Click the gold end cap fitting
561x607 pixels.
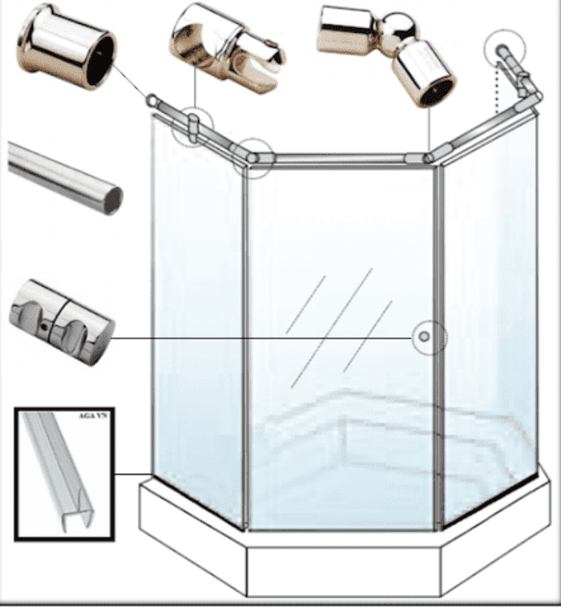coord(67,47)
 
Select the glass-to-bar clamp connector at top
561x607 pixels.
coord(228,48)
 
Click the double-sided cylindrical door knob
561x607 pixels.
coord(62,322)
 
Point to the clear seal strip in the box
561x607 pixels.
coord(59,471)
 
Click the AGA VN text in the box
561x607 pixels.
coord(92,416)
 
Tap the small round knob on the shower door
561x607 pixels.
coord(424,337)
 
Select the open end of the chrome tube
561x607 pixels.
coord(113,200)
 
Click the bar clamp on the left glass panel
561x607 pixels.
coord(193,127)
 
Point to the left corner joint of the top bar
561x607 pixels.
coord(252,157)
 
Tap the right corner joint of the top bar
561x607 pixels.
coord(428,157)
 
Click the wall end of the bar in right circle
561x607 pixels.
coord(502,51)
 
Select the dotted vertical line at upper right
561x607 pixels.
coord(498,88)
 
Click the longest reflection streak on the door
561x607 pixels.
coord(332,328)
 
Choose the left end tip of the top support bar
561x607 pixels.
coord(151,100)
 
